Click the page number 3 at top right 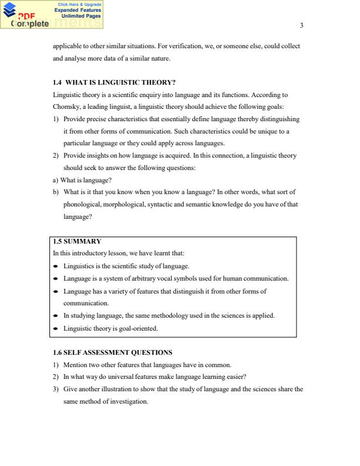(302, 25)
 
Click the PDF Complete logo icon (10, 11)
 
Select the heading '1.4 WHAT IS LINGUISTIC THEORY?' (114, 82)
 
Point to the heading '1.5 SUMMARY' (77, 241)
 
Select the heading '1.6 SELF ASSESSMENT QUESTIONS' (112, 352)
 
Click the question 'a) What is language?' (82, 180)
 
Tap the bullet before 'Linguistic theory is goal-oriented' (55, 328)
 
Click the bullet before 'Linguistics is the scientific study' (55, 267)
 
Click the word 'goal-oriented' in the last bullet (139, 328)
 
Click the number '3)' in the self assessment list (56, 389)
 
